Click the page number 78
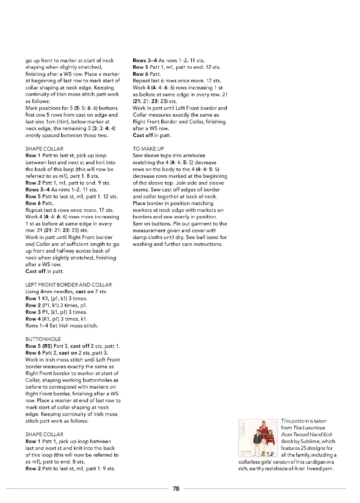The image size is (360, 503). [x=176, y=488]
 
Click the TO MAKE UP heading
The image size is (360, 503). [x=148, y=149]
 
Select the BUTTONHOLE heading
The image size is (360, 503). [x=43, y=339]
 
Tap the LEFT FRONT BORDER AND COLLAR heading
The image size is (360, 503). [x=69, y=285]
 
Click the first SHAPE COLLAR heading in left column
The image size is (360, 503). [x=44, y=149]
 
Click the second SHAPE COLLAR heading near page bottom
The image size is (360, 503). [x=44, y=434]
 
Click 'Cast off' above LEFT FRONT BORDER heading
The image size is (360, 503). [x=36, y=271]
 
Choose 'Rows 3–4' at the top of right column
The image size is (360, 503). [x=145, y=60]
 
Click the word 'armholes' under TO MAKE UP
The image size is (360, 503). [x=192, y=155]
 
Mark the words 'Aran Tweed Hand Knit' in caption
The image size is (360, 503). [x=306, y=434]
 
